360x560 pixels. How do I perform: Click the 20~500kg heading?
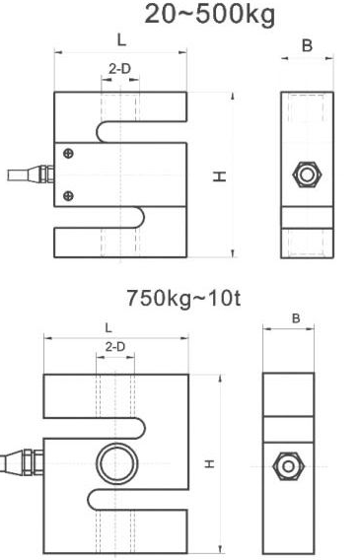click(x=210, y=15)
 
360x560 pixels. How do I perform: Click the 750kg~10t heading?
click(x=183, y=298)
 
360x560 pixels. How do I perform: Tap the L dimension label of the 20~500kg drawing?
click(x=121, y=40)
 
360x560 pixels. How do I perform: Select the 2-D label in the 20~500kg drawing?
click(x=119, y=69)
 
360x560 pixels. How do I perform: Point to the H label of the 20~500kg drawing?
click(x=219, y=176)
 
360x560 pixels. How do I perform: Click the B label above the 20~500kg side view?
click(x=307, y=45)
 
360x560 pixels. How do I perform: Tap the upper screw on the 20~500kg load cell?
click(x=68, y=154)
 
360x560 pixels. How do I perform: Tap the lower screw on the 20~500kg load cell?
click(x=68, y=196)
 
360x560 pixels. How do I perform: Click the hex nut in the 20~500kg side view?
click(x=307, y=175)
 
